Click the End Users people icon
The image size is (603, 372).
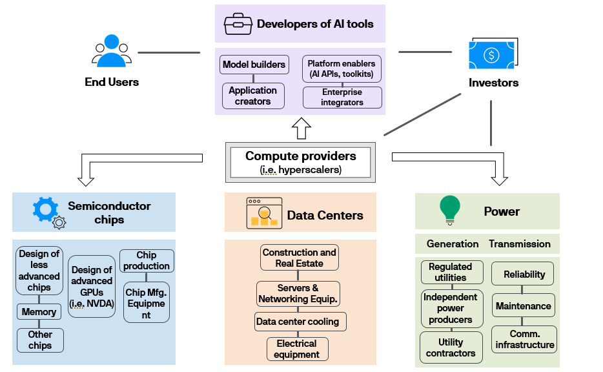coord(112,52)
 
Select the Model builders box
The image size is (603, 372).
coord(254,65)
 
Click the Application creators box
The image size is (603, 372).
coord(252,96)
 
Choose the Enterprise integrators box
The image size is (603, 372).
coord(342,98)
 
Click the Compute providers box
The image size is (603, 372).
coord(300,162)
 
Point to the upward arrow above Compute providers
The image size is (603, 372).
coord(301,128)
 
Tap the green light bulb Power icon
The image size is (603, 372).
coord(449,209)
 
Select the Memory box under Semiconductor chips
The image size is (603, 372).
coord(39,312)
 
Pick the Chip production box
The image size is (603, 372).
coord(147,261)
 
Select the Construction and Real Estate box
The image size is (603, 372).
coord(299,258)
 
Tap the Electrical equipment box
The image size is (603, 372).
coord(297,349)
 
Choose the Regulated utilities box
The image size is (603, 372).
coord(450,272)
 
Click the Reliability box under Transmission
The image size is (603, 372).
coord(524,274)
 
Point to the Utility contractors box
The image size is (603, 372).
coord(450,347)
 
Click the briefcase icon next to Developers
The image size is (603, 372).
coord(238,25)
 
